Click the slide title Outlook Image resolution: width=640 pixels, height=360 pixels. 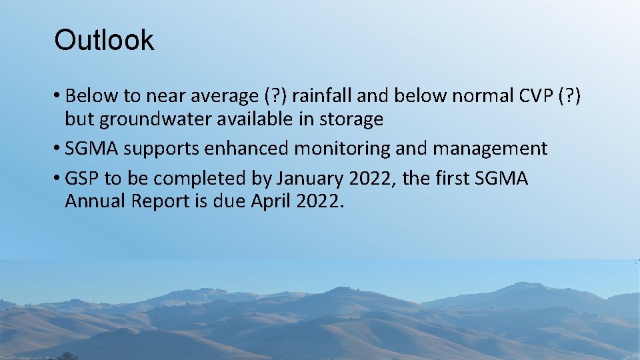pos(104,40)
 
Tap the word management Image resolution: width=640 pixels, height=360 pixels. pos(490,149)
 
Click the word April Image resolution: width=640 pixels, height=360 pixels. pos(270,201)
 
